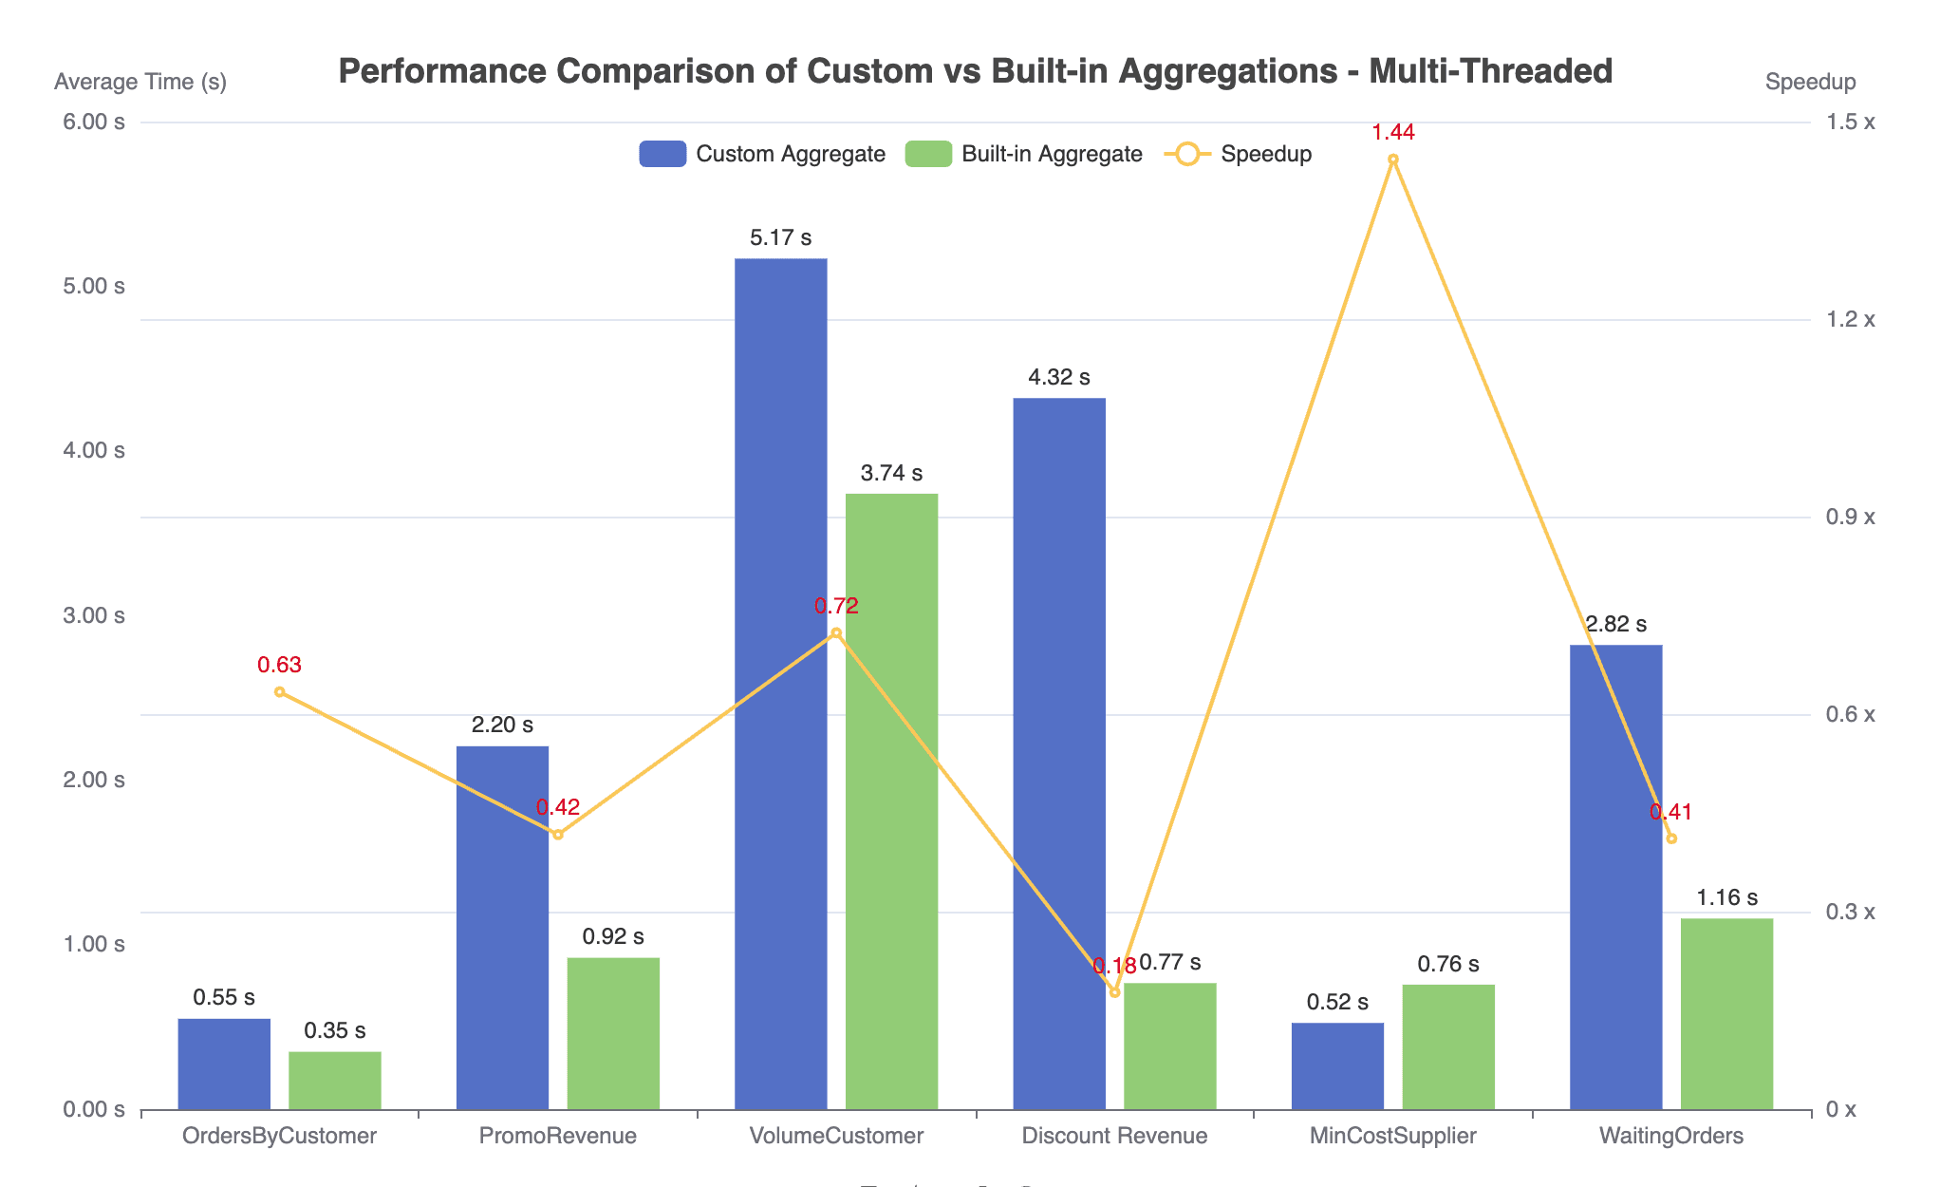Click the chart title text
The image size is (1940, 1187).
click(x=975, y=71)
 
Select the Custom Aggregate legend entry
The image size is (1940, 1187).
click(x=762, y=154)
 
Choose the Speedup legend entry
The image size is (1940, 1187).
click(x=1239, y=154)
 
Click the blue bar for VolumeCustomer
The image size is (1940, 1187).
click(x=780, y=684)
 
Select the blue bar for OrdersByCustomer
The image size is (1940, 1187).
click(x=224, y=1064)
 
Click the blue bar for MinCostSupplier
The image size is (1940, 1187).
click(x=1337, y=1065)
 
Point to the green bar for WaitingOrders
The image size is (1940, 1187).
click(x=1726, y=1013)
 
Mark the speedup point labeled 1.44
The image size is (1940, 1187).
click(x=1393, y=160)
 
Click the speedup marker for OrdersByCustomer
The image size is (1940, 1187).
click(x=280, y=692)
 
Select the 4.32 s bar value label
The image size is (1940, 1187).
click(x=1059, y=378)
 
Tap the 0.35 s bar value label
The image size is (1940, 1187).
click(x=335, y=1031)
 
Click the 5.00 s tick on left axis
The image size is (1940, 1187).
click(x=94, y=287)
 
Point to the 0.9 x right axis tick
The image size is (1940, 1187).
click(x=1850, y=518)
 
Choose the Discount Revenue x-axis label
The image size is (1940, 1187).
click(x=1114, y=1136)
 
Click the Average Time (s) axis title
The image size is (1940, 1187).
click(x=140, y=83)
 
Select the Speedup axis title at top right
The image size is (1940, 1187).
click(x=1810, y=83)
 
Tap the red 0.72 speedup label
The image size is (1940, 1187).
click(x=836, y=607)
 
